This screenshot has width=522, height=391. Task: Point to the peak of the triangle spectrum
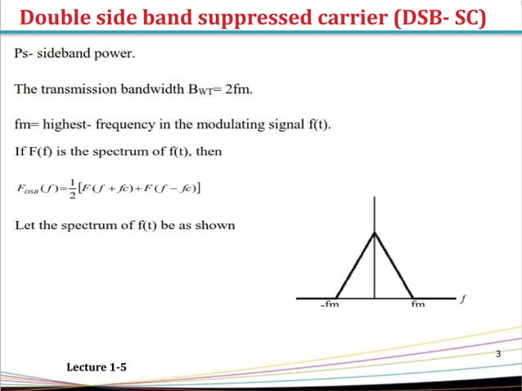point(374,233)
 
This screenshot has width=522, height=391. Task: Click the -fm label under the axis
point(331,304)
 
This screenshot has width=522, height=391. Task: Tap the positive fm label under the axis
point(418,304)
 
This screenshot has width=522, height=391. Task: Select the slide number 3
point(498,353)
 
